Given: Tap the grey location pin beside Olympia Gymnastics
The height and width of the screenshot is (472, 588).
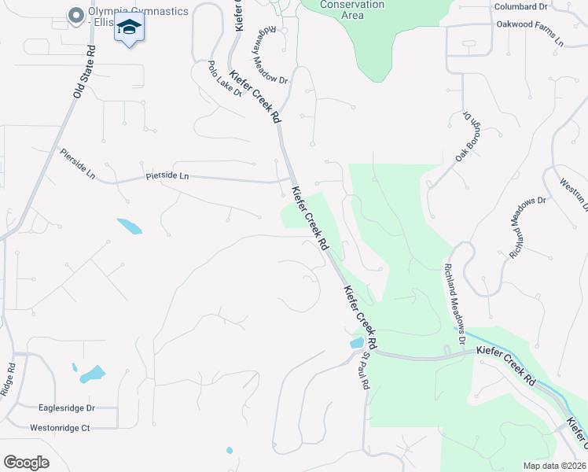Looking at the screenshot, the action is pyautogui.click(x=75, y=15).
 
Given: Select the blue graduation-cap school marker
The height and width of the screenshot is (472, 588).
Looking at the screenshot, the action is pyautogui.click(x=129, y=29).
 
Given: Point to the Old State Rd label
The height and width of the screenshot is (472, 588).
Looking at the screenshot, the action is pyautogui.click(x=83, y=72).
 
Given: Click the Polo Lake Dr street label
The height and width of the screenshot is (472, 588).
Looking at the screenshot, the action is pyautogui.click(x=225, y=78).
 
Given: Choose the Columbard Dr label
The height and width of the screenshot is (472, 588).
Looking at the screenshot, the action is pyautogui.click(x=520, y=6).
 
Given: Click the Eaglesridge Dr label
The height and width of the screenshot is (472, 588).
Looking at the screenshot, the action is pyautogui.click(x=66, y=408).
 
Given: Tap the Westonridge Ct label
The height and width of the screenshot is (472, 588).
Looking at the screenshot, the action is pyautogui.click(x=61, y=428).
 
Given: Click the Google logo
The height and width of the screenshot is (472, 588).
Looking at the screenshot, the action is pyautogui.click(x=26, y=462).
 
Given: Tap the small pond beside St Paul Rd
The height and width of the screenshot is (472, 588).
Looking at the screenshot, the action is pyautogui.click(x=357, y=343).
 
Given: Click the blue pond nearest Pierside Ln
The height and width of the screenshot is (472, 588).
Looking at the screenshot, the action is pyautogui.click(x=130, y=227).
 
